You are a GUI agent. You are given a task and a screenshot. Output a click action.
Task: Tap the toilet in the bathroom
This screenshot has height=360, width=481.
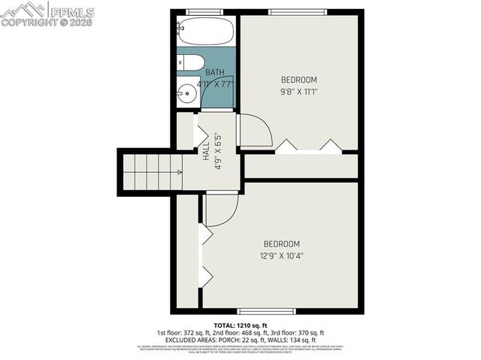coord(190,63)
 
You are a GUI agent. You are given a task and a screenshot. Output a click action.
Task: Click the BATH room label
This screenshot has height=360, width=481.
coord(216,73)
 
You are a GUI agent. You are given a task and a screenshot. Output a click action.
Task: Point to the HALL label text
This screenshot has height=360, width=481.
coord(206,149)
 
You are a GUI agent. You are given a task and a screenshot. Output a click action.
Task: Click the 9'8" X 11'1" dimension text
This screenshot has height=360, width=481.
coord(299,92)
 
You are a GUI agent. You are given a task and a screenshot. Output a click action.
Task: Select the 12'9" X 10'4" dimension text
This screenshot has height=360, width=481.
coord(281,256)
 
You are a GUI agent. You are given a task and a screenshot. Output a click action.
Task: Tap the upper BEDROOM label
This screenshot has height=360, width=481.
coord(299,80)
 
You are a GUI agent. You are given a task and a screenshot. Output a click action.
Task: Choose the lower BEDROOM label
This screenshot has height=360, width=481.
coord(281,244)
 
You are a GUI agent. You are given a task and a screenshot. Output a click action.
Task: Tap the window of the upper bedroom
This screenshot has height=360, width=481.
coord(298,12)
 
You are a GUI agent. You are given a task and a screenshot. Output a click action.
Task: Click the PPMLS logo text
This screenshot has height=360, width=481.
coord(72,11)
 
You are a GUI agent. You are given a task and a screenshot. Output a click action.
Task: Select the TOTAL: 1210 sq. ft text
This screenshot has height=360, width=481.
coord(240,324)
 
